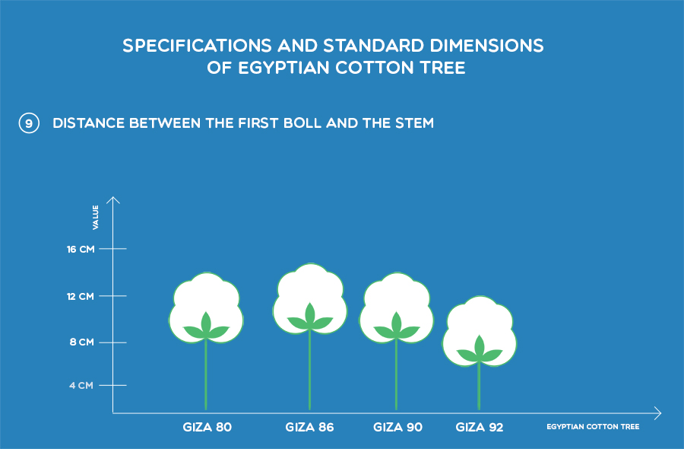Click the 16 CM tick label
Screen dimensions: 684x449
81,250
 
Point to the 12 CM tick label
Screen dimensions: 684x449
81,297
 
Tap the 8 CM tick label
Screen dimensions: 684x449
81,342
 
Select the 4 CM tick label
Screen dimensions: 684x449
81,385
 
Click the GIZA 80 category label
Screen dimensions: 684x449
207,427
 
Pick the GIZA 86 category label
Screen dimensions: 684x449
310,427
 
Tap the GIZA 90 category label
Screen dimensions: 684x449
397,427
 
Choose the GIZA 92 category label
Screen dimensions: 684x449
480,427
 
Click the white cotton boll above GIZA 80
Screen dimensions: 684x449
206,297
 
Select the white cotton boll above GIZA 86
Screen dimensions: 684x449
310,288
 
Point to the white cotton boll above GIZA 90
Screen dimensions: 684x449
397,297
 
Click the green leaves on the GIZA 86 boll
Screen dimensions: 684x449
310,317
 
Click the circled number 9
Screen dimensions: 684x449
29,123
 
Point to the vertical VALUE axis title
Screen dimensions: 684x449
96,217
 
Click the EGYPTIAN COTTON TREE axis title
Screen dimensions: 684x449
593,427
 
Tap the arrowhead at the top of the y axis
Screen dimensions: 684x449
113,197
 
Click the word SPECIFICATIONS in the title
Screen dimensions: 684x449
197,46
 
